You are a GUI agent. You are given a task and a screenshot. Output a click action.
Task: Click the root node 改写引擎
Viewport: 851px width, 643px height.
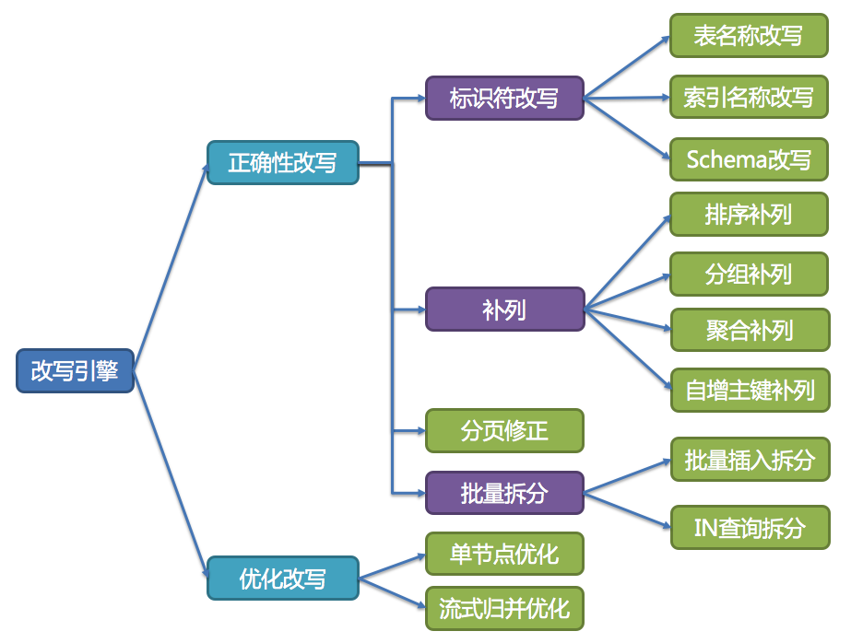(x=75, y=370)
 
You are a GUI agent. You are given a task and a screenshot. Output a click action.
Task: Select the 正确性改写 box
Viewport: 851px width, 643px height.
(x=282, y=163)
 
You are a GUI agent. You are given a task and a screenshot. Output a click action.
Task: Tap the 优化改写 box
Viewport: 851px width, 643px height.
(x=282, y=579)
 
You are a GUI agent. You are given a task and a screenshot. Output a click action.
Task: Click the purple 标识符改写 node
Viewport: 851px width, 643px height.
(x=504, y=98)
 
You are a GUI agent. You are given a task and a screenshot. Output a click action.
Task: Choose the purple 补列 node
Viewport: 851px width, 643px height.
(x=504, y=309)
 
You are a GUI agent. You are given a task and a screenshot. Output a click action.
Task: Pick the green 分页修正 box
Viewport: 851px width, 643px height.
(x=504, y=430)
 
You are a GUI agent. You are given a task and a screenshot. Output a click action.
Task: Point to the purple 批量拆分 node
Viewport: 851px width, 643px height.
(x=504, y=492)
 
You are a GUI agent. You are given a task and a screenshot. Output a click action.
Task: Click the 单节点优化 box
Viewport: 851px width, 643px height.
(x=504, y=554)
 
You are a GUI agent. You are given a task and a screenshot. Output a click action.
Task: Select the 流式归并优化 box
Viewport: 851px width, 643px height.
(x=504, y=608)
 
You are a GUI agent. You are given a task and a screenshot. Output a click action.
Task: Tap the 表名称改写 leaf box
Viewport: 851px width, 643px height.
(x=749, y=36)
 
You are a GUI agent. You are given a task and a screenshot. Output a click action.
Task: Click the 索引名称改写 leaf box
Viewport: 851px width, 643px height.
(x=749, y=98)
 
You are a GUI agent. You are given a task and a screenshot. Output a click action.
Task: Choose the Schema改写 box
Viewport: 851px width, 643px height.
(x=749, y=159)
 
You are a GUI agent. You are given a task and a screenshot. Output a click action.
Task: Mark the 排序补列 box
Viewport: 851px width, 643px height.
(x=749, y=215)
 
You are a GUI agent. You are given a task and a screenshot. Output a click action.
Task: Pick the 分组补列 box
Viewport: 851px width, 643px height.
(x=749, y=274)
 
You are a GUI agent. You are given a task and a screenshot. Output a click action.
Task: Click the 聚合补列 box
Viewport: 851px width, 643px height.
(x=749, y=329)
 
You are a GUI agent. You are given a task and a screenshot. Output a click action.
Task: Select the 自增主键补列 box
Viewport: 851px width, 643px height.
(x=749, y=389)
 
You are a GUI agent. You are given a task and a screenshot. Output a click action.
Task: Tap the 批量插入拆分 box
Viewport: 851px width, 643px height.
(x=749, y=459)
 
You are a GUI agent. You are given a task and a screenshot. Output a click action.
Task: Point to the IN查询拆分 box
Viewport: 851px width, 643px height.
(x=749, y=527)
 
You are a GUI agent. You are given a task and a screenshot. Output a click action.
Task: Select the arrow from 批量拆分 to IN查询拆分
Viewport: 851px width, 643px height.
(x=627, y=509)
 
